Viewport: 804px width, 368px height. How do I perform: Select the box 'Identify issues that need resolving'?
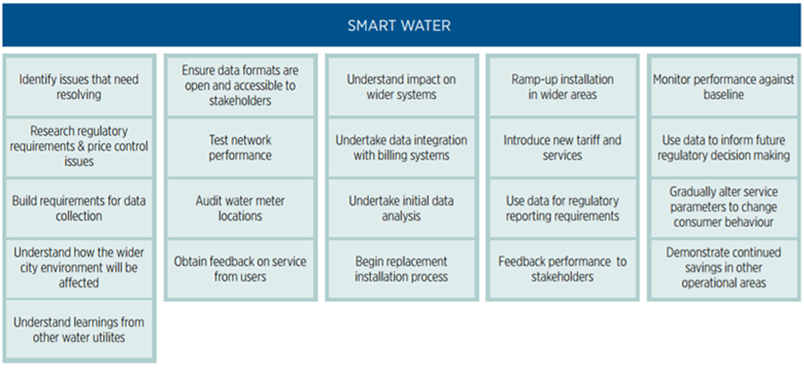79,87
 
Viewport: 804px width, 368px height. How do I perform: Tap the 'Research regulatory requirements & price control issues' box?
79,146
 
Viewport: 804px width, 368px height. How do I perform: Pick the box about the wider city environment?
79,268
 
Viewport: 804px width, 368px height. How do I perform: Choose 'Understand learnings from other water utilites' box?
79,330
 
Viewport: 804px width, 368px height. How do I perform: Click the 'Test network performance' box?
239,147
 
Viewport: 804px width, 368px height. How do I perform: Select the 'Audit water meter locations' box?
239,207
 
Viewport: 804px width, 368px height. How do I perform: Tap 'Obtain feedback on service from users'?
239,268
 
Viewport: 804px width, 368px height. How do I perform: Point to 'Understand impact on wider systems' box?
401,87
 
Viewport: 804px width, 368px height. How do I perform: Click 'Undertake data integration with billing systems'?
401,147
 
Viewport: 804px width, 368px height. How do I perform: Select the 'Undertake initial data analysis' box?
401,207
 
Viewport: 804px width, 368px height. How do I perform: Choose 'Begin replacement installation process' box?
401,268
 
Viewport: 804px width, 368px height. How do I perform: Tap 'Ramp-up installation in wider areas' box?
562,87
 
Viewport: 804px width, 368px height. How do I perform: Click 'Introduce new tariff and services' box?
562,147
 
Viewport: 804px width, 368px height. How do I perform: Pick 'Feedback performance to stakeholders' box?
562,268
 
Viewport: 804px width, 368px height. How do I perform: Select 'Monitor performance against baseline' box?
722,87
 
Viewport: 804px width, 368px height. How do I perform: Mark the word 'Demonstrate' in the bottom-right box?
702,253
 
